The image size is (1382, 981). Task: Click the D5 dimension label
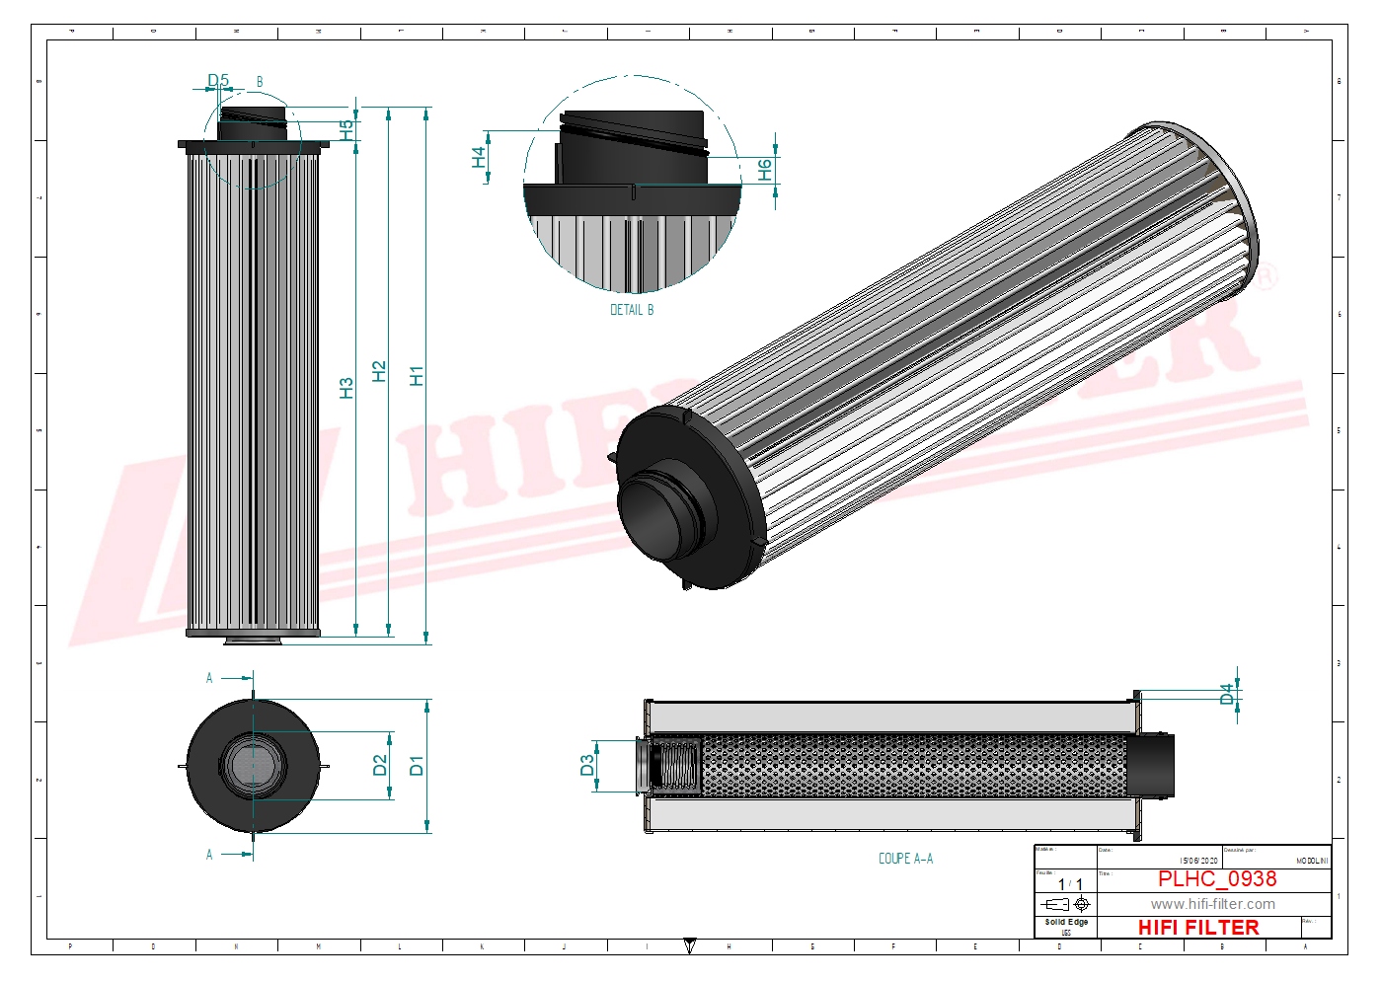(x=217, y=80)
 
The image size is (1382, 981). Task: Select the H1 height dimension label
(x=417, y=375)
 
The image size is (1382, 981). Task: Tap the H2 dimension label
(x=379, y=371)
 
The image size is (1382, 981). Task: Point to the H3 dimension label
(x=345, y=388)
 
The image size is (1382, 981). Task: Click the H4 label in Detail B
(x=479, y=157)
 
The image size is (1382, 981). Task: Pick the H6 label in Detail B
(x=764, y=170)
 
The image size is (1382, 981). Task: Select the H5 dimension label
(x=345, y=128)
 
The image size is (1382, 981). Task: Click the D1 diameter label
(x=416, y=765)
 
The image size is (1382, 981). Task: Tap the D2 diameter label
(x=380, y=765)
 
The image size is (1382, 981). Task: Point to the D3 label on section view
(x=587, y=766)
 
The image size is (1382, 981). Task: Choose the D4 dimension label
(x=1227, y=694)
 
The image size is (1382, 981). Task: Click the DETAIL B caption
(x=632, y=310)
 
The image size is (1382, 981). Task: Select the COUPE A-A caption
(x=905, y=859)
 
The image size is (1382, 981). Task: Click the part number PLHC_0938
(x=1217, y=878)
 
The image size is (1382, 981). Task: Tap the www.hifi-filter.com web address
(x=1212, y=904)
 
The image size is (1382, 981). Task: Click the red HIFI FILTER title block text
(x=1198, y=928)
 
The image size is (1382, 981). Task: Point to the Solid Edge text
(x=1066, y=922)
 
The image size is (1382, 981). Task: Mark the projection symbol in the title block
(x=1066, y=904)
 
